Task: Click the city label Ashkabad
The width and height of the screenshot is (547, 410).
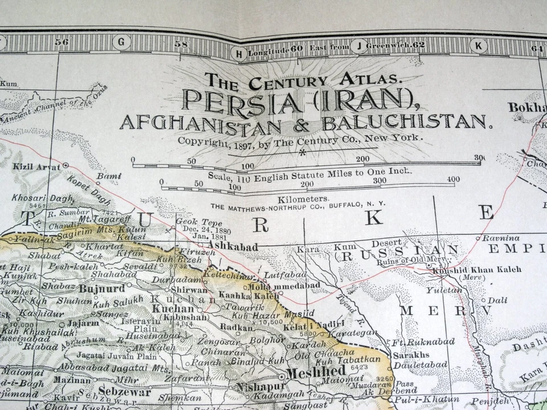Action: (233, 247)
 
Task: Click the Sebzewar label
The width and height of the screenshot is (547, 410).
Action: (124, 391)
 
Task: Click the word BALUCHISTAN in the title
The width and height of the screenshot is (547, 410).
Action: (405, 122)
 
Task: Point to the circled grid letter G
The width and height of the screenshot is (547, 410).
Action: (121, 42)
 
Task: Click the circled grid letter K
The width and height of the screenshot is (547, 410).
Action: (479, 46)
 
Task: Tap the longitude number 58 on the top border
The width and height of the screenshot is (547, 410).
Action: (181, 44)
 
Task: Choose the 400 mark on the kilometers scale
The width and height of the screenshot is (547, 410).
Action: (453, 179)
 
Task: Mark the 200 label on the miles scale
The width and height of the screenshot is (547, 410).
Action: (362, 159)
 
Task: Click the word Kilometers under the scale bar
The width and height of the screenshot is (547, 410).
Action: (303, 199)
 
